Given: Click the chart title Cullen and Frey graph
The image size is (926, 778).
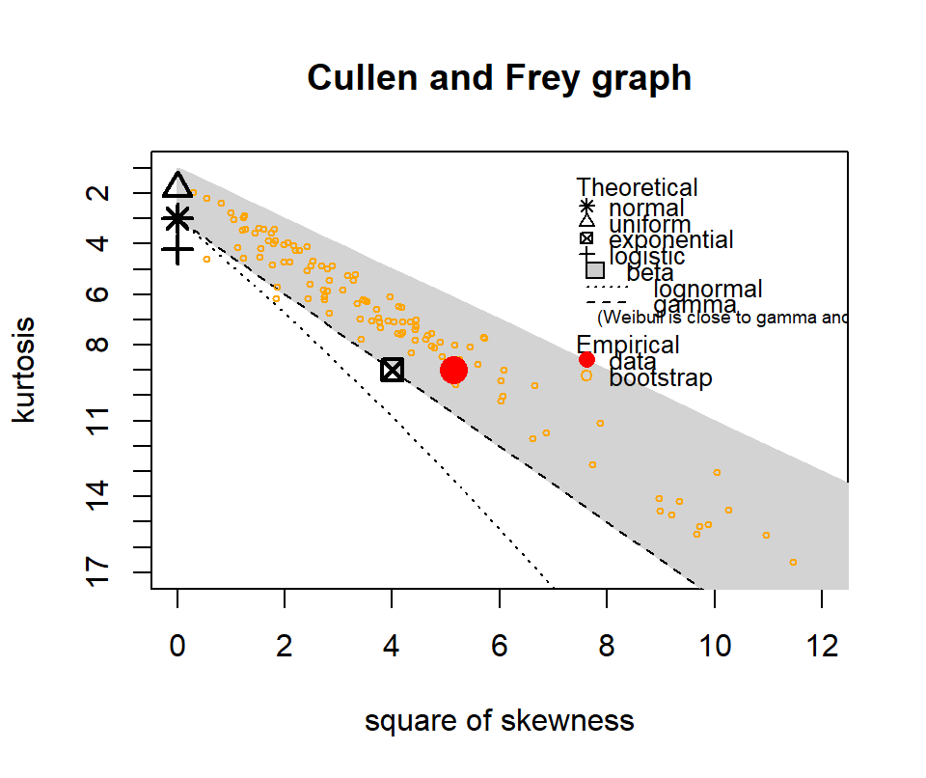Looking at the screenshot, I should pos(499,77).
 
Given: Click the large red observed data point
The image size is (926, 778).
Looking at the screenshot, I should pos(453,370).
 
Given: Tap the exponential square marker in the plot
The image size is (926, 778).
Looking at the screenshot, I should pos(392,370).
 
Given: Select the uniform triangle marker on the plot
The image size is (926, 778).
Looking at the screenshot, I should pos(177,185).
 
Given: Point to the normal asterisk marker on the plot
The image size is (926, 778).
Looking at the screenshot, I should pos(177,218).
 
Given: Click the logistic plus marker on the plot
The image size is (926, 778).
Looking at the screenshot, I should pos(177,251).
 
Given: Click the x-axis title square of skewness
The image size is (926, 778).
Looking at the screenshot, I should pos(499,721).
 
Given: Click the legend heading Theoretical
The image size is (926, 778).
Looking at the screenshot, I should pos(637,188).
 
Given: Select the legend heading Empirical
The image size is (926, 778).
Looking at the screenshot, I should pos(628,345).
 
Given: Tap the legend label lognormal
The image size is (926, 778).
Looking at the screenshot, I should pos(708,289).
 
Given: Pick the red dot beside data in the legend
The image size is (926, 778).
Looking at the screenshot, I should pos(586,360).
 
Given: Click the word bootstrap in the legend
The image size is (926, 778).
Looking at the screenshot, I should pos(661,377).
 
